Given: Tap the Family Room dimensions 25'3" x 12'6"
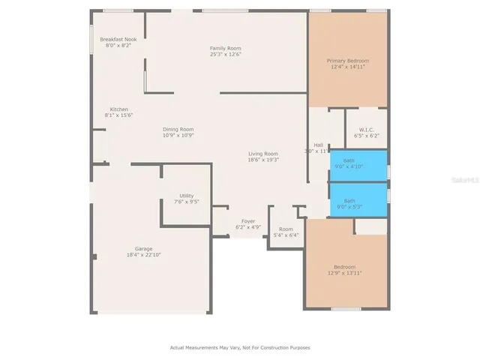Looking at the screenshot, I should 225,54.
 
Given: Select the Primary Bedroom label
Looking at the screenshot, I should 347,61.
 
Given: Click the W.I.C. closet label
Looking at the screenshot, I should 367,129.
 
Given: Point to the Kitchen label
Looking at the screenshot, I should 119,109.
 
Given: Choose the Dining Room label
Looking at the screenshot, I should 178,129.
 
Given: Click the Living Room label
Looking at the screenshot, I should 263,153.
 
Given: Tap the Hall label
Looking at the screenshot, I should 318,145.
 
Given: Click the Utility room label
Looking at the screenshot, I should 186,196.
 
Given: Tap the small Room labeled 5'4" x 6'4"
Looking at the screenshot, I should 286,232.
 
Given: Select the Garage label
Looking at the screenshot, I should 143,249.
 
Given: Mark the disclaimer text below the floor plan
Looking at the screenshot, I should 239,348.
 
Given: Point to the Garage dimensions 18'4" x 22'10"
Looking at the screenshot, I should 143,255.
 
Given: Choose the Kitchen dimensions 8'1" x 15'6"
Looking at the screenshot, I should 119,115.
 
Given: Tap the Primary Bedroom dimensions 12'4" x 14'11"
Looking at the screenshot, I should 347,67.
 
